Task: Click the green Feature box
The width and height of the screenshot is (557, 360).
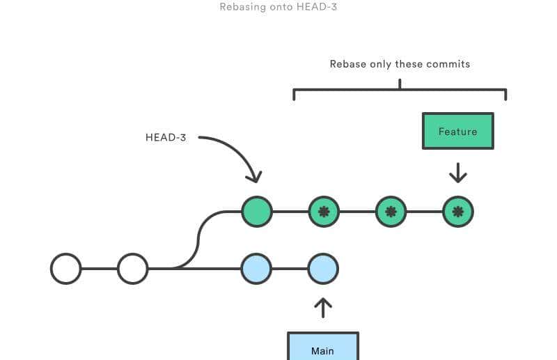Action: (457, 131)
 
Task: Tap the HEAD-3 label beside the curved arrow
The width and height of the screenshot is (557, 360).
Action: (166, 137)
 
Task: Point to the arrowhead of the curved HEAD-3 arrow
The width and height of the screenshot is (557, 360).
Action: (256, 178)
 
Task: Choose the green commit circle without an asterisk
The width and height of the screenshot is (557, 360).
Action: (256, 212)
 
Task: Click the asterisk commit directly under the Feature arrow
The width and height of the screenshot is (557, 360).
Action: (457, 212)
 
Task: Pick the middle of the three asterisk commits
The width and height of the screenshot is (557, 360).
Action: (391, 212)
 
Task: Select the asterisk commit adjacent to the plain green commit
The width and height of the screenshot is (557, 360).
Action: (324, 212)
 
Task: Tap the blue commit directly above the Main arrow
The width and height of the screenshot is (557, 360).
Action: (323, 268)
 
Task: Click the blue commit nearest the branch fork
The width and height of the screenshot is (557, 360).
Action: (256, 268)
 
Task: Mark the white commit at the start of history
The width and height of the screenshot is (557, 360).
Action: (66, 268)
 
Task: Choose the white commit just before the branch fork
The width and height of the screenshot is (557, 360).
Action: (133, 268)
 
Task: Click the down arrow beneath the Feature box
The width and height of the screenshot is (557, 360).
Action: (457, 172)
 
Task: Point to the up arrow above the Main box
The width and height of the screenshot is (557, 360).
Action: (323, 307)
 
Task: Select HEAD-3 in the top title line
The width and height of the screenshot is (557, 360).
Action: (318, 7)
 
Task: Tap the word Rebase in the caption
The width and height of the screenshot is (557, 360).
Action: (346, 64)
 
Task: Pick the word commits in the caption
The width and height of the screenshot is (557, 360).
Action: (451, 64)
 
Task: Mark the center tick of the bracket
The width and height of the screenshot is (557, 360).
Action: (400, 84)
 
